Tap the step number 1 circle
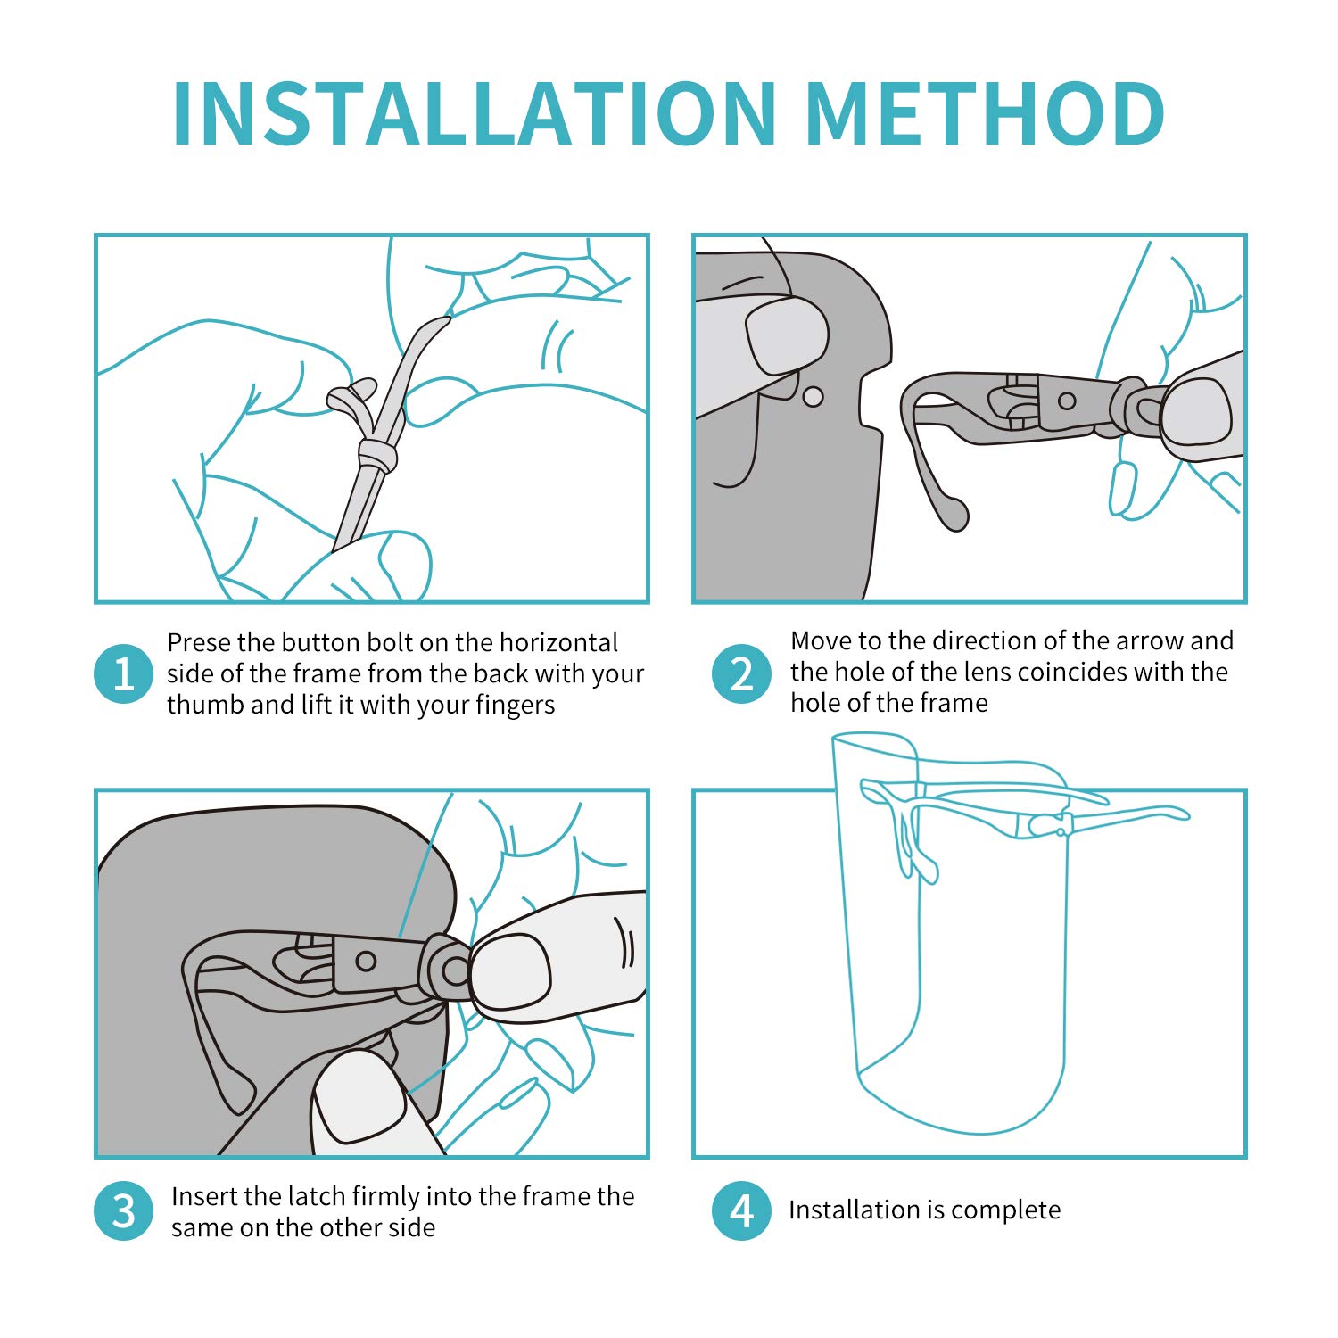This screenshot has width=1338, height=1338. pos(123,673)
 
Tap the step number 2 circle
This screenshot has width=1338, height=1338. pos(741,673)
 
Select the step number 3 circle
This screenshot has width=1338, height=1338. pos(123,1210)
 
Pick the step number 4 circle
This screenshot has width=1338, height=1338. pos(741,1210)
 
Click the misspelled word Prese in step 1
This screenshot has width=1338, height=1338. pos(198,642)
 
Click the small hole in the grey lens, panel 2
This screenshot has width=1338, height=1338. pos(813,396)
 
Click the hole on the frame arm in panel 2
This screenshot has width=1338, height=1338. pos(1067,401)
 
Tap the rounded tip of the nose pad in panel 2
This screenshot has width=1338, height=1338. pos(955,515)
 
